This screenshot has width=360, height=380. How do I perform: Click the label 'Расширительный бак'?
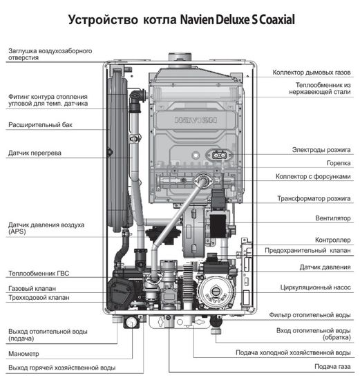tap(40, 125)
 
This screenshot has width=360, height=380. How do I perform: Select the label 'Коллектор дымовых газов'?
tap(312, 72)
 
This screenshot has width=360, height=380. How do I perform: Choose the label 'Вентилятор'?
tap(332, 218)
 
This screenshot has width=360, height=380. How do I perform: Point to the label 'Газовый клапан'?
tap(32, 287)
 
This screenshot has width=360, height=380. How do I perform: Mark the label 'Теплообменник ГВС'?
tap(38, 274)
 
